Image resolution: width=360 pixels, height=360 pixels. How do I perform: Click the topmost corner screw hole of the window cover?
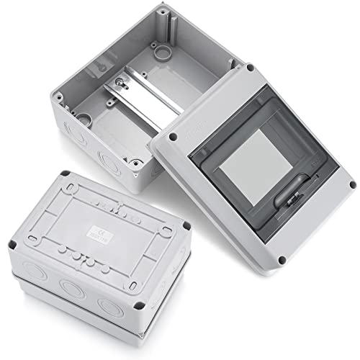[250, 68]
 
